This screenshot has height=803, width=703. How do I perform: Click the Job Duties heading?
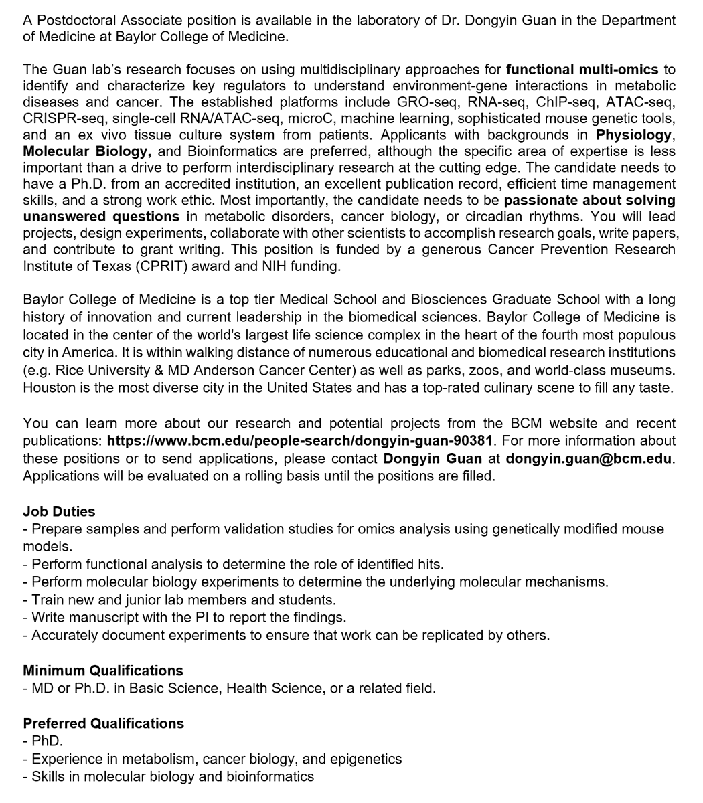pyautogui.click(x=59, y=511)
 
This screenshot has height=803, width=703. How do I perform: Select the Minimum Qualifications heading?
pyautogui.click(x=102, y=671)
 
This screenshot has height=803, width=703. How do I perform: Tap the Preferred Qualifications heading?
pyautogui.click(x=103, y=723)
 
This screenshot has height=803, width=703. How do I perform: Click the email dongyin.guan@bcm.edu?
pyautogui.click(x=589, y=458)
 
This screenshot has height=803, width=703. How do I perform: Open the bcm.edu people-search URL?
pyautogui.click(x=299, y=441)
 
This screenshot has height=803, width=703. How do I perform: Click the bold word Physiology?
pyautogui.click(x=633, y=135)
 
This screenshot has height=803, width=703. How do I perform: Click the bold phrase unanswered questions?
pyautogui.click(x=101, y=217)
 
